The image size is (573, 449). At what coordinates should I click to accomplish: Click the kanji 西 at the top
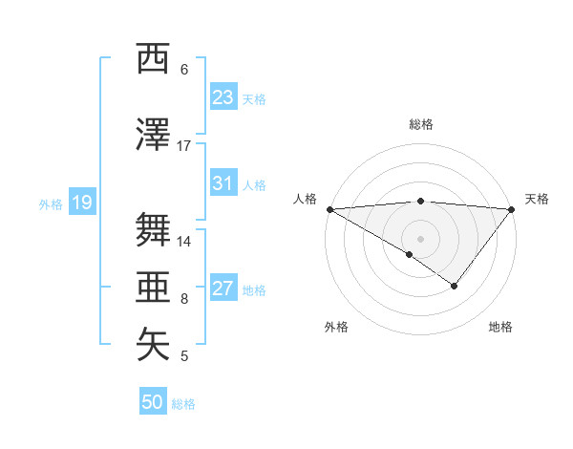pos(153,58)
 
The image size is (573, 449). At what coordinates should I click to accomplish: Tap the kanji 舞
pos(153,230)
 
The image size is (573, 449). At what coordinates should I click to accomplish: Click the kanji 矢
pos(153,345)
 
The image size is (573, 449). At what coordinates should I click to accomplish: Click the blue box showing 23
pos(223,97)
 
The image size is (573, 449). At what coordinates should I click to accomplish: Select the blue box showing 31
pos(223,184)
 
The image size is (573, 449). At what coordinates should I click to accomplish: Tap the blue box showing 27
pos(223,289)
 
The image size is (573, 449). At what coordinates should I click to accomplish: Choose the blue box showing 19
pos(81,203)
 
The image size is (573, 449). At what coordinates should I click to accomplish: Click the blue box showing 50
pos(153,402)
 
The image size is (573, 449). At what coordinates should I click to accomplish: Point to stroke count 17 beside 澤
pos(184,146)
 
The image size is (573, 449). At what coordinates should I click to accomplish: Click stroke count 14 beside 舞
pos(184,242)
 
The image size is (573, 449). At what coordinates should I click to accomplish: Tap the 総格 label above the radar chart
pos(421,124)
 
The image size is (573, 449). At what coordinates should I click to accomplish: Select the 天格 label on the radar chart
pos(538,199)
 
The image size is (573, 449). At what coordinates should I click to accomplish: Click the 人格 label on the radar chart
pos(305,199)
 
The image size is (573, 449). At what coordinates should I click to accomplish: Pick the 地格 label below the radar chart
pos(500,327)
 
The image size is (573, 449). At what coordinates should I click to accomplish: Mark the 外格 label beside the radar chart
pos(336,327)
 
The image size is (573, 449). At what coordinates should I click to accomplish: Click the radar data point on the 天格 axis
pos(513,208)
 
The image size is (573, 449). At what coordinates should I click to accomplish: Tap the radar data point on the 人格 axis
pos(329,208)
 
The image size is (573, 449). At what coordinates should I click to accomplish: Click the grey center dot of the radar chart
pos(421,237)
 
